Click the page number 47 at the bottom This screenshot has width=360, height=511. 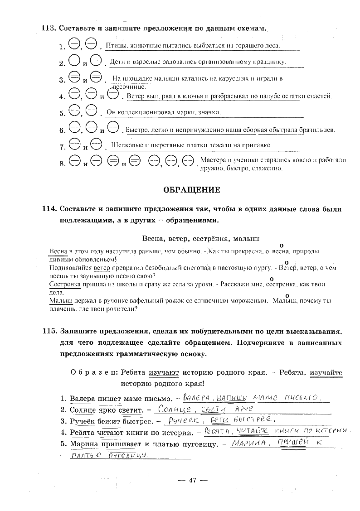coord(192,480)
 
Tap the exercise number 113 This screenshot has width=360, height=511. coord(48,28)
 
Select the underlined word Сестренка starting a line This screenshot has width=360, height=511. coord(64,284)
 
